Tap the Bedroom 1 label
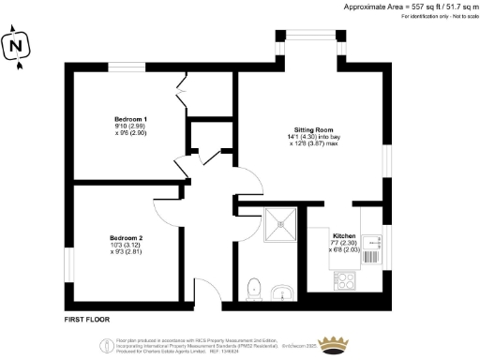tap(130, 118)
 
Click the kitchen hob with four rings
tap(342, 280)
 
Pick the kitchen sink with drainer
tap(371, 251)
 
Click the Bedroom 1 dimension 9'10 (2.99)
tap(130, 127)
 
